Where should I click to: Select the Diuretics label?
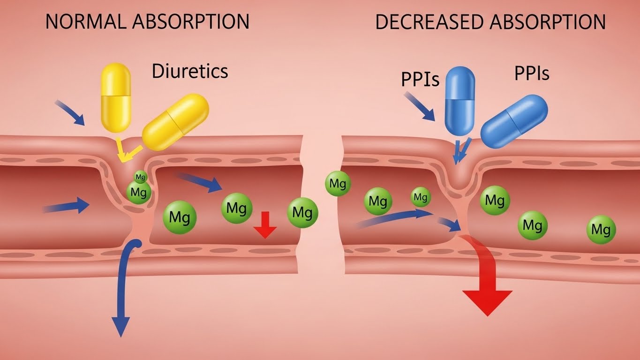[190, 71]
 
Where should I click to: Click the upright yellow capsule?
[116, 97]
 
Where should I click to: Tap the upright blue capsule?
[460, 100]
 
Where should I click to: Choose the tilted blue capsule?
[514, 121]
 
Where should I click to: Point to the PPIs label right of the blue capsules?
[532, 74]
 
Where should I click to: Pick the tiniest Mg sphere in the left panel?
[140, 177]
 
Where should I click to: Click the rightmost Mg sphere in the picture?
[601, 230]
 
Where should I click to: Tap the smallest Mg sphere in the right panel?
[421, 197]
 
